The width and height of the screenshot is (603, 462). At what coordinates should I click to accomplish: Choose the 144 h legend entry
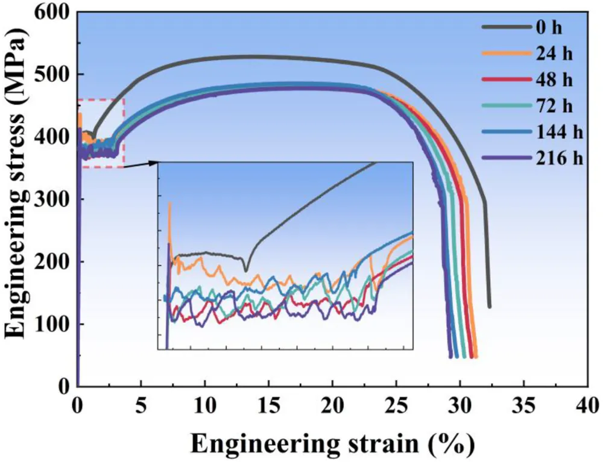[x=551, y=132]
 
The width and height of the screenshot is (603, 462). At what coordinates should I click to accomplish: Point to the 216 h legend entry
[x=551, y=158]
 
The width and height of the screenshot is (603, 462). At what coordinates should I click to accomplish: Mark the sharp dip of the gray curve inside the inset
[x=245, y=270]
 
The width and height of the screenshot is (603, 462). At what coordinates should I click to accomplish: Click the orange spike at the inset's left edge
[x=169, y=205]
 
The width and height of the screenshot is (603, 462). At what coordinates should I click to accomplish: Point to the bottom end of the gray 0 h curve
[x=489, y=306]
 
